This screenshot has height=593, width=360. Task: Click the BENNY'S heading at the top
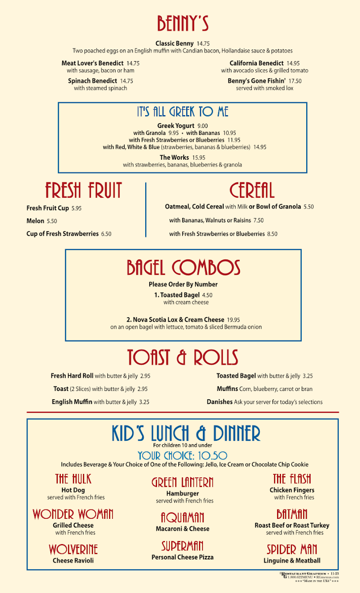pyautogui.click(x=183, y=23)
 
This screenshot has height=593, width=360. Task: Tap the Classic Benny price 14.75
pyautogui.click(x=203, y=43)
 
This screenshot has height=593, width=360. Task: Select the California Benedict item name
pyautogui.click(x=256, y=63)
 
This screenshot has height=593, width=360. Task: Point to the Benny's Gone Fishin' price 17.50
pyautogui.click(x=295, y=81)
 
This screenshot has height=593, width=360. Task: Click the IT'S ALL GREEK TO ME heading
pyautogui.click(x=183, y=112)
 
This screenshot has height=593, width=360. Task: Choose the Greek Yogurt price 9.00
pyautogui.click(x=202, y=126)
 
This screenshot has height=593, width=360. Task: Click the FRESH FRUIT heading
pyautogui.click(x=83, y=190)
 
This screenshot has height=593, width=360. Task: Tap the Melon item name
pyautogui.click(x=35, y=221)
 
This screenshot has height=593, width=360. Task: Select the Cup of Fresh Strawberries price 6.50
pyautogui.click(x=106, y=234)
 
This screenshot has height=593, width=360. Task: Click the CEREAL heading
pyautogui.click(x=252, y=190)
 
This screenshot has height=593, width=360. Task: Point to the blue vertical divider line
pyautogui.click(x=146, y=210)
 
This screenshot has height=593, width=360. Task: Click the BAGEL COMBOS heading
pyautogui.click(x=183, y=268)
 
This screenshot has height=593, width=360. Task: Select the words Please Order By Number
pyautogui.click(x=183, y=285)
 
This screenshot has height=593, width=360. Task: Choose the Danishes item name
pyautogui.click(x=220, y=402)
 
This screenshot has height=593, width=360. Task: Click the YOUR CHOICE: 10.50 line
pyautogui.click(x=182, y=456)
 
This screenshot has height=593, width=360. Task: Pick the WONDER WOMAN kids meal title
pyautogui.click(x=73, y=514)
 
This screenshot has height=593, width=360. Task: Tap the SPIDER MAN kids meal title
pyautogui.click(x=292, y=550)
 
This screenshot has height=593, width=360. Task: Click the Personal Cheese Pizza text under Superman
pyautogui.click(x=182, y=557)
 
